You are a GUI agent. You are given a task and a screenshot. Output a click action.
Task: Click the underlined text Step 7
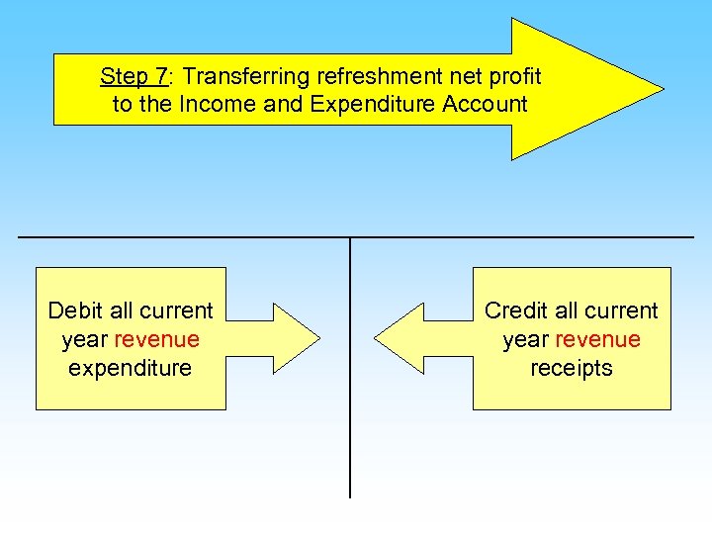pyautogui.click(x=133, y=76)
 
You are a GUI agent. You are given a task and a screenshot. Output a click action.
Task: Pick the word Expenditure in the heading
pyautogui.click(x=380, y=105)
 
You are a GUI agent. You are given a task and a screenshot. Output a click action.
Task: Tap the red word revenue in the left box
pyautogui.click(x=156, y=339)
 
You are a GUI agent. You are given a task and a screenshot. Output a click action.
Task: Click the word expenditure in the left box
pyautogui.click(x=131, y=368)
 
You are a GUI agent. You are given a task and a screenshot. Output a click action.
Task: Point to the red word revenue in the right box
pyautogui.click(x=597, y=339)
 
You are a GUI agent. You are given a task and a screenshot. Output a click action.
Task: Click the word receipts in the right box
pyautogui.click(x=572, y=368)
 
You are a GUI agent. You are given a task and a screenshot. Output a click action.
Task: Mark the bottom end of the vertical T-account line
pyautogui.click(x=350, y=495)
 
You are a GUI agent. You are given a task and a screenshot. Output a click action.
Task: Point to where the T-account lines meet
pyautogui.click(x=350, y=237)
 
